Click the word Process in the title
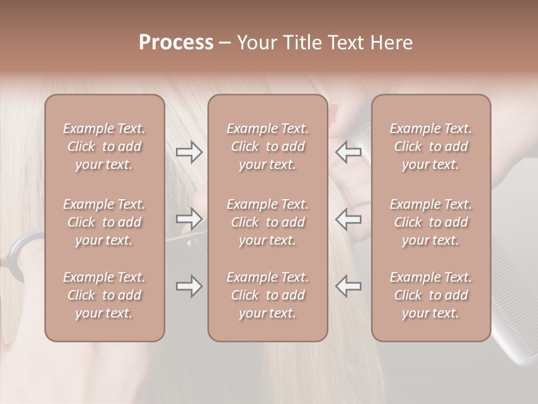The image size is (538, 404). (176, 43)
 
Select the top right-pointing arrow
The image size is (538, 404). (189, 152)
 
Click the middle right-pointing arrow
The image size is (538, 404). (189, 218)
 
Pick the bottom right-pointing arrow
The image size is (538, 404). (189, 286)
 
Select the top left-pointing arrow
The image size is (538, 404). (349, 152)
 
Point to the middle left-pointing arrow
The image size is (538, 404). (349, 218)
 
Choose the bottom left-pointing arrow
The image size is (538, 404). (349, 286)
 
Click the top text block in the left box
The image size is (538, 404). (104, 146)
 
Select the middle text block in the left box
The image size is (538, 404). (104, 222)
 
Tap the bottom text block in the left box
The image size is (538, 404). (104, 295)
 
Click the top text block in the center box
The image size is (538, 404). (267, 146)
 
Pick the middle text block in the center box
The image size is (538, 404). (267, 222)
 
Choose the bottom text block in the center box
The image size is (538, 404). (267, 295)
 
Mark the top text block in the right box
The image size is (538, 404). (430, 146)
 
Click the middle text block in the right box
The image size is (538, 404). (430, 222)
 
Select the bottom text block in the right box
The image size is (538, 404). (430, 295)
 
